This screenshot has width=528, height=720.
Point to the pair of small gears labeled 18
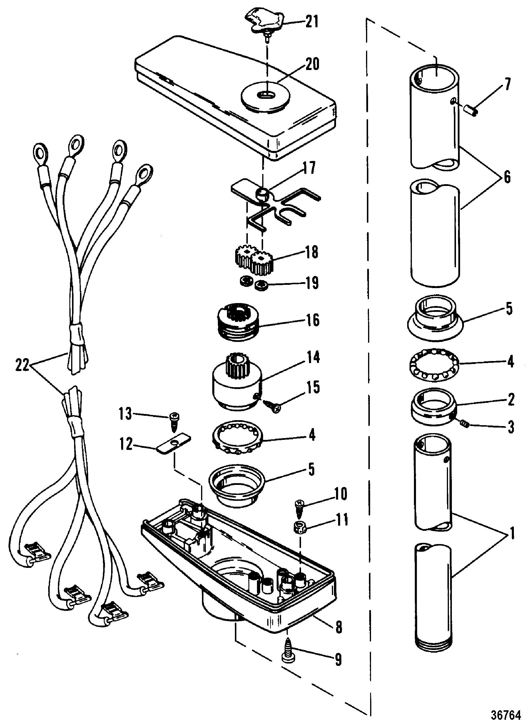[x=253, y=256]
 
